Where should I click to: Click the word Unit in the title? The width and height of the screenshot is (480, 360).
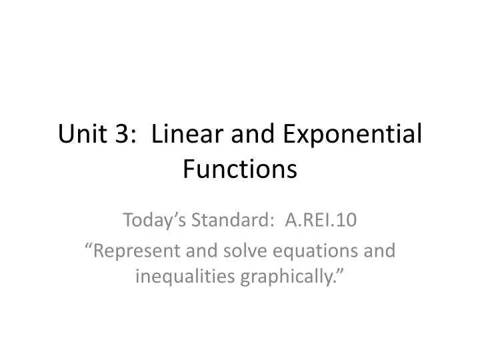(x=80, y=135)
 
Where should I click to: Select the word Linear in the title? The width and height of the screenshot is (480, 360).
(x=183, y=135)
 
